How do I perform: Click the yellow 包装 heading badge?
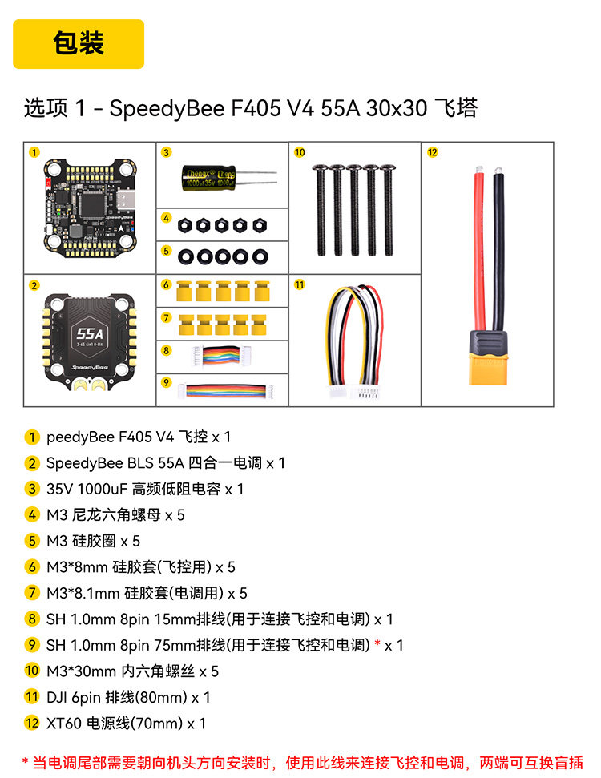[79, 43]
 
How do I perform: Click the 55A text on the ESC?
[90, 333]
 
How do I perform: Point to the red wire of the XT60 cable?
[479, 248]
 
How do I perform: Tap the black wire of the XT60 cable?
[498, 248]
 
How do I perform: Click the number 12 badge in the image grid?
[432, 152]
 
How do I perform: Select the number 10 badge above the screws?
[299, 152]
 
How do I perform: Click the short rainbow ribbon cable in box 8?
[221, 355]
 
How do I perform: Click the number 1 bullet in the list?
[32, 437]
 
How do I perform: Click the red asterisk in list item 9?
[377, 643]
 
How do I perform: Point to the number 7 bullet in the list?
[32, 593]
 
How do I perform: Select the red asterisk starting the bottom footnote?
[26, 760]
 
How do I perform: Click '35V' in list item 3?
[59, 490]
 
